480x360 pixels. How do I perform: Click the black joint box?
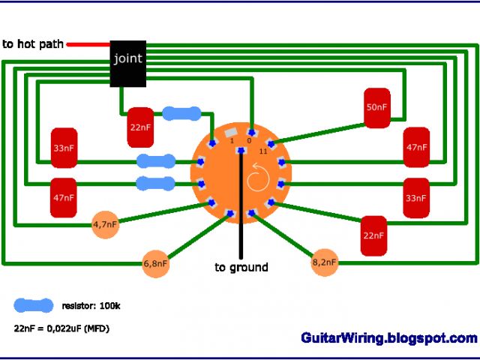click(127, 63)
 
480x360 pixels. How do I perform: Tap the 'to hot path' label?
click(33, 44)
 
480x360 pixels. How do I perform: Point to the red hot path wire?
click(88, 44)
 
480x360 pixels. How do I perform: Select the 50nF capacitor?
click(378, 108)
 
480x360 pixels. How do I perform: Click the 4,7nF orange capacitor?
click(106, 224)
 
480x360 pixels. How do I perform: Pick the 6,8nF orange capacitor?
click(156, 264)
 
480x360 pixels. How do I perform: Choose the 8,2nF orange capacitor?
click(324, 263)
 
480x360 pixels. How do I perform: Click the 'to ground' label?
click(241, 267)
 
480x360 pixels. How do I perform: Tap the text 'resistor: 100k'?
click(89, 306)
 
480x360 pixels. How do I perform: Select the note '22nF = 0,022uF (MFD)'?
click(61, 328)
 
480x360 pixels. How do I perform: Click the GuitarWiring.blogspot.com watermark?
click(388, 338)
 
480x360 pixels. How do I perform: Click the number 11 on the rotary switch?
click(262, 151)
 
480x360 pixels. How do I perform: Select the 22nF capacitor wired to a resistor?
click(140, 127)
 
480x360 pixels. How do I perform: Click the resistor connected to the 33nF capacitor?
click(156, 160)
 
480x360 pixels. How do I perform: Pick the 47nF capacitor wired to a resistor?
click(64, 197)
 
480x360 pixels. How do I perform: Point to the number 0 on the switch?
click(250, 141)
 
